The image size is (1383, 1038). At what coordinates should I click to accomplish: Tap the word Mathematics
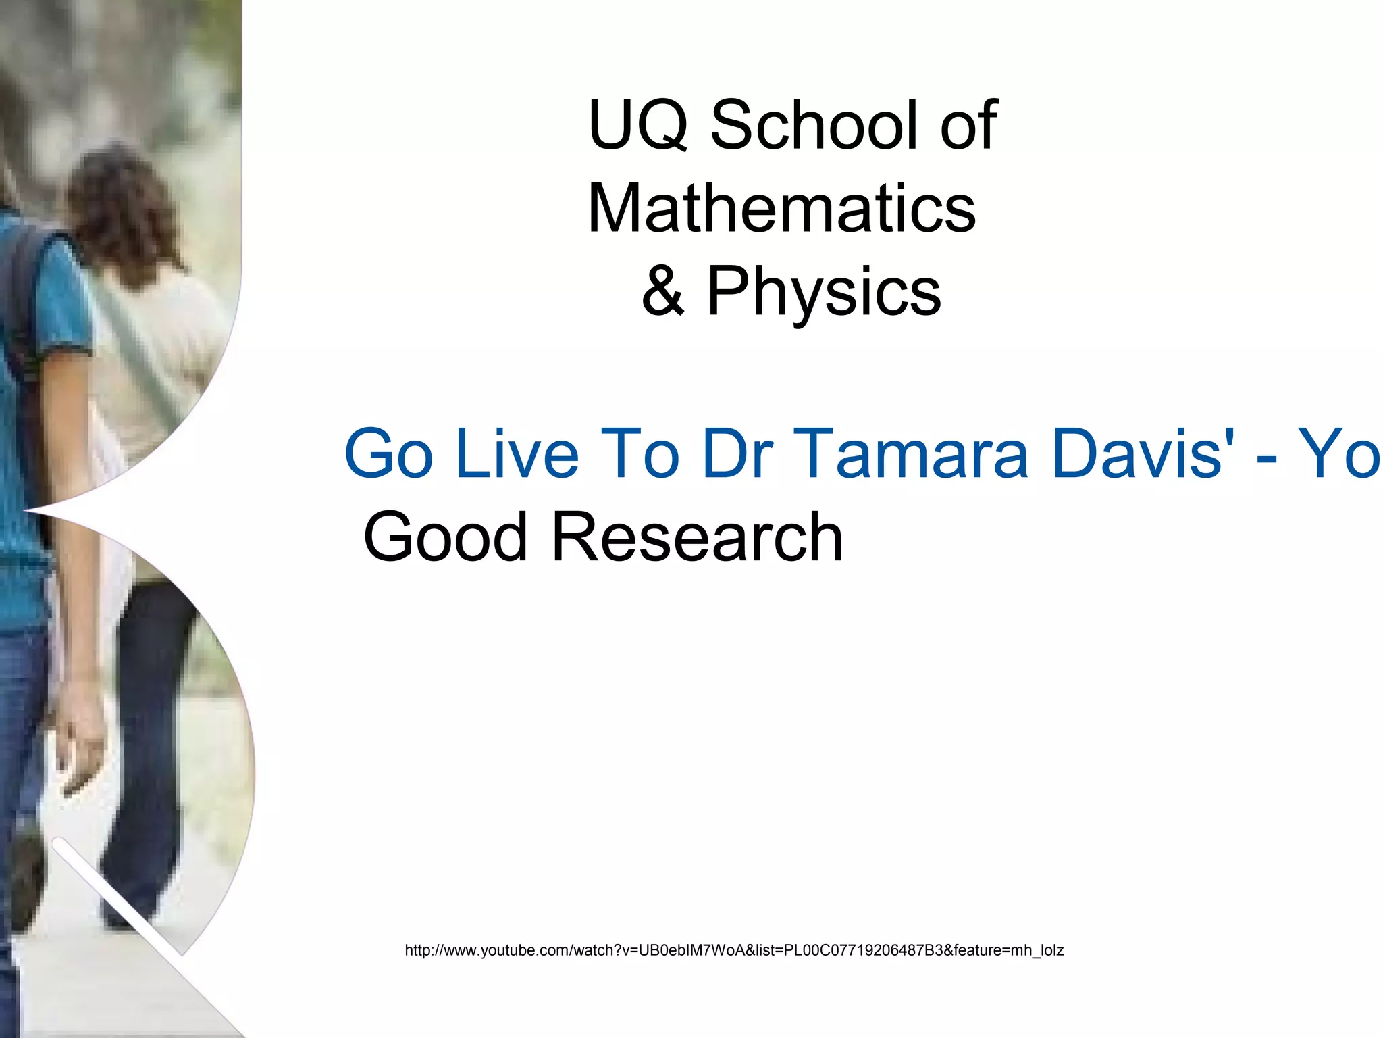coord(781,209)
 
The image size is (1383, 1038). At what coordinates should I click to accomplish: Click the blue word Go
coord(389,454)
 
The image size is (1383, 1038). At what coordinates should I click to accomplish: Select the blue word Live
coord(517,454)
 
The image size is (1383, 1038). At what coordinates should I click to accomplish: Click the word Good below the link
coord(445,538)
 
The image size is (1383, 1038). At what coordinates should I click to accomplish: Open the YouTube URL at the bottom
coord(734,950)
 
